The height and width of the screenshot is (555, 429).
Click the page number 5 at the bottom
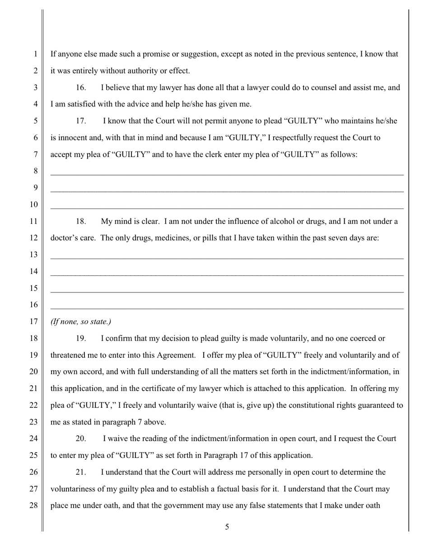point(227,527)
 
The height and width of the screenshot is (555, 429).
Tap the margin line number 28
point(34,505)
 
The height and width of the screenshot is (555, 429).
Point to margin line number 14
point(34,271)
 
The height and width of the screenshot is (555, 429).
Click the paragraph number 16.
point(80,88)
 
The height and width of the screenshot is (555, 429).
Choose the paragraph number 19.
point(80,338)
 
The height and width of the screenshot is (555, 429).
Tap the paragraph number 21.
point(80,472)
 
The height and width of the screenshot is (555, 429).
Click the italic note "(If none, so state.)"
point(81,322)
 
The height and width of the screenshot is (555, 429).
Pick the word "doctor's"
point(64,238)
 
